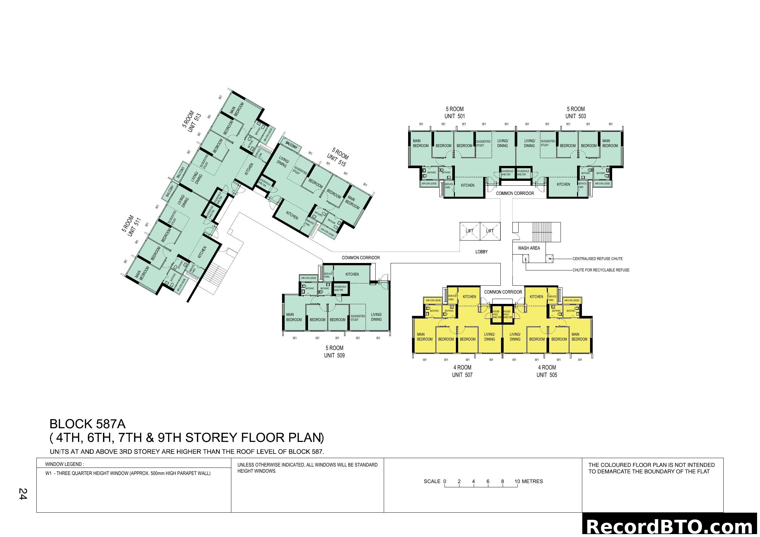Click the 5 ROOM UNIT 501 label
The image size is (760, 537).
tap(455, 112)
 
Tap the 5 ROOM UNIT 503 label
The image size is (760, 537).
tap(576, 112)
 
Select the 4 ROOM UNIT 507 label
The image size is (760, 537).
tap(462, 371)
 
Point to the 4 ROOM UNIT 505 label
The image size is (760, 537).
tap(547, 371)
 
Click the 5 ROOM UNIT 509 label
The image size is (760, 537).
tap(334, 352)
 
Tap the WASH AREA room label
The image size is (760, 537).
tap(529, 248)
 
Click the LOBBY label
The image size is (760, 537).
tap(481, 252)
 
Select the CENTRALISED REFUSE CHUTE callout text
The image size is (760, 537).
tap(598, 258)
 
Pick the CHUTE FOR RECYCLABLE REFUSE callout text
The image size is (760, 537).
tap(601, 270)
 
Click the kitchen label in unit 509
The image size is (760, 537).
tap(352, 274)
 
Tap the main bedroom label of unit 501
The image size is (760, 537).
tap(420, 143)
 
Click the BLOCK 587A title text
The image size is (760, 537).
tap(87, 424)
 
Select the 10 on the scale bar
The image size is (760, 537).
tap(517, 481)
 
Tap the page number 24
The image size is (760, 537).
tap(23, 494)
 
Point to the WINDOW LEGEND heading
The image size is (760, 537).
tap(65, 464)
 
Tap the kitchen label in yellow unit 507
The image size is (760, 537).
tap(469, 297)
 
